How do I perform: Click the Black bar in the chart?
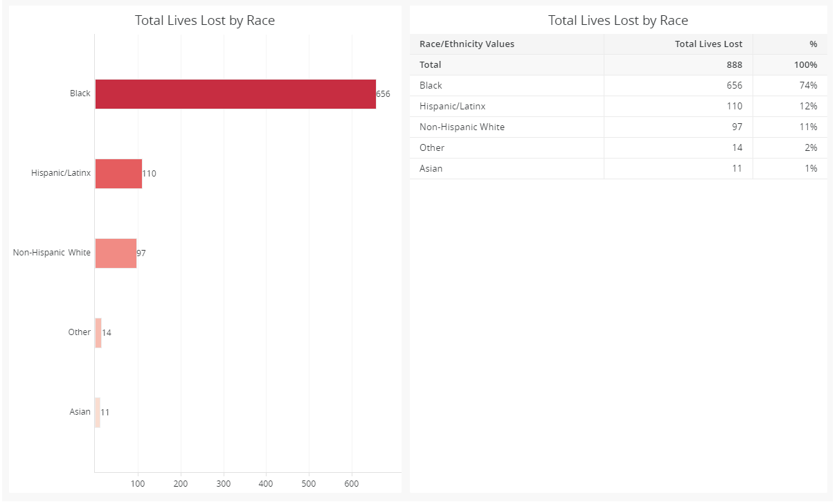[235, 94]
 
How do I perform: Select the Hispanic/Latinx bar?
[118, 174]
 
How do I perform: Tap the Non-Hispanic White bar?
[116, 253]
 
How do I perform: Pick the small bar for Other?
[98, 333]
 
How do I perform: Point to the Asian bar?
[98, 412]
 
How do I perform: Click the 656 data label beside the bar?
[384, 94]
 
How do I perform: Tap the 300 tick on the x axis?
[224, 483]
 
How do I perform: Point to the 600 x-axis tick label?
[352, 483]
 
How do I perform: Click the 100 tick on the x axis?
[138, 483]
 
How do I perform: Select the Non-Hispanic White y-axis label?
[52, 253]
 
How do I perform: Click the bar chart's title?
[205, 21]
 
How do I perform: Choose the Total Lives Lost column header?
[708, 44]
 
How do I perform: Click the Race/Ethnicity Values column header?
[467, 44]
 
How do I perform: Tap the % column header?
[813, 44]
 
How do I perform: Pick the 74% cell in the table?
[809, 86]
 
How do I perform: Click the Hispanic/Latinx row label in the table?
[452, 107]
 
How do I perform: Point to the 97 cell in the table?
[736, 127]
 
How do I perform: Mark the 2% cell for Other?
[811, 148]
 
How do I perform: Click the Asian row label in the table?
[431, 169]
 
